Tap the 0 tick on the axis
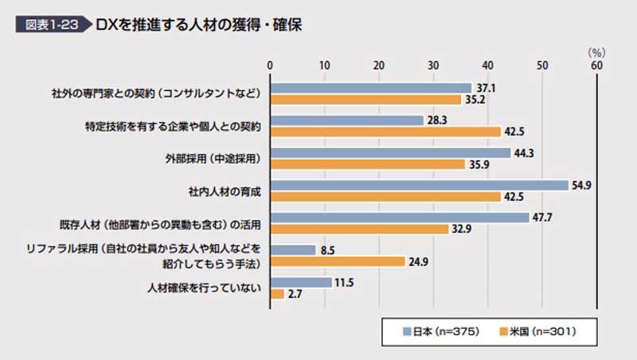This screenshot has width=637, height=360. point(271,65)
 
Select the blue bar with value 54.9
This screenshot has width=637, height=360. point(420,185)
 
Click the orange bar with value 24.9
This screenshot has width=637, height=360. point(338,261)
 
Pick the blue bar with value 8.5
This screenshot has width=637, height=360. point(294,249)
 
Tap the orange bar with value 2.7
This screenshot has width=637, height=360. point(278,294)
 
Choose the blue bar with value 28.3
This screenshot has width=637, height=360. point(347,120)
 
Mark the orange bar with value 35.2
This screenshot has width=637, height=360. point(366,100)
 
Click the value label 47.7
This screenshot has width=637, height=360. point(543,217)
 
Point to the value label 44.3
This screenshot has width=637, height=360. point(524,153)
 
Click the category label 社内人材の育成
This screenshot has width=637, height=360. point(225,191)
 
